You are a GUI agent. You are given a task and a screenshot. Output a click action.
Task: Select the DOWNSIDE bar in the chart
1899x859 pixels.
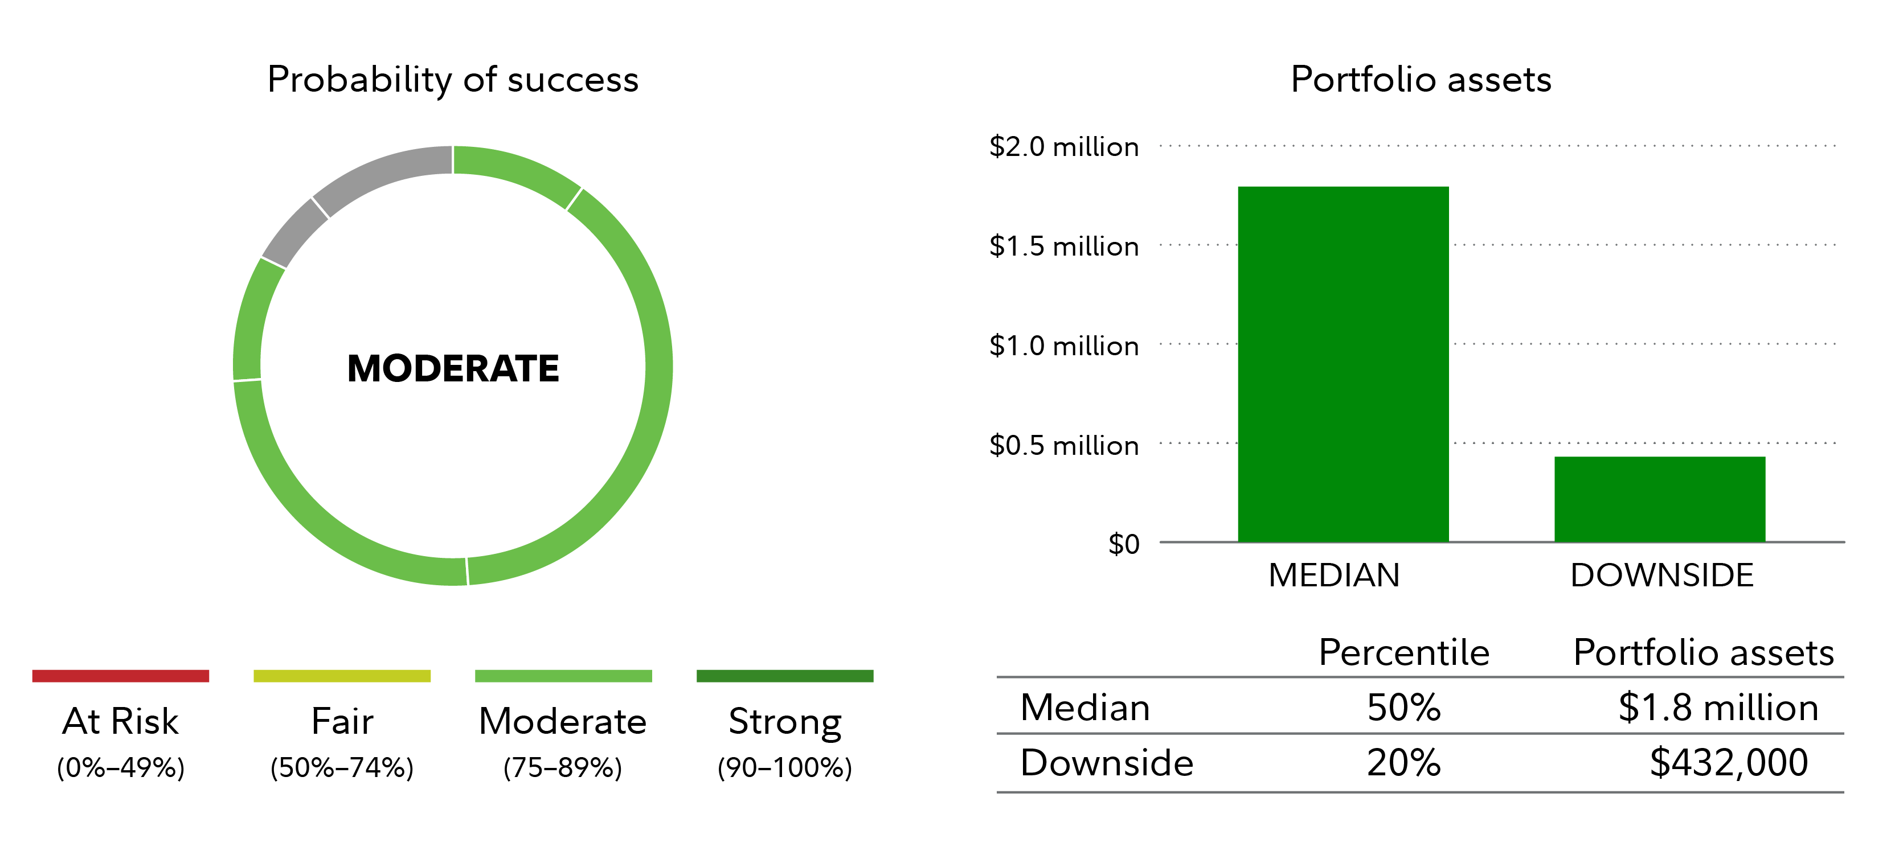1659,499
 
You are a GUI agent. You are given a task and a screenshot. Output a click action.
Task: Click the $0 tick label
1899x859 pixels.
1123,544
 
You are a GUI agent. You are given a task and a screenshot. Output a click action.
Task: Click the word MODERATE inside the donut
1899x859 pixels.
453,368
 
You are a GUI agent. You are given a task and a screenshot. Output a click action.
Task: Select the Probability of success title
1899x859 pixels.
453,80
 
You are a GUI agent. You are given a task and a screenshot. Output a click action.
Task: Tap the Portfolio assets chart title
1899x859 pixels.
1421,80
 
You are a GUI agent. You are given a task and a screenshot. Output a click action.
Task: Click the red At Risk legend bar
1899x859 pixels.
120,676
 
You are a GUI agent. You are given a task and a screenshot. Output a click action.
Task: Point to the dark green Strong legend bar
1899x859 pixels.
784,676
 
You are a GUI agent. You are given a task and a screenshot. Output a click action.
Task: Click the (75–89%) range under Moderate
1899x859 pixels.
563,768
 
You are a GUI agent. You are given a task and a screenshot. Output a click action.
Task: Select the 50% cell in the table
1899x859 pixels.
1403,707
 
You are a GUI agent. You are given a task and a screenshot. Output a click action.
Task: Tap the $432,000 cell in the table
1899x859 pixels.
1728,762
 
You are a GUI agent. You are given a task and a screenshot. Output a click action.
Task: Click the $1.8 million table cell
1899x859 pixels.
1718,707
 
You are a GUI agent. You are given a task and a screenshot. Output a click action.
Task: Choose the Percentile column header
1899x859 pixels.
1403,653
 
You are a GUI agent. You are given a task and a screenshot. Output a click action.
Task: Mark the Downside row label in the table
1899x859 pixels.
1106,762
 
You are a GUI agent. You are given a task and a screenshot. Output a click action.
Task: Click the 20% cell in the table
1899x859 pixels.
1403,762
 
